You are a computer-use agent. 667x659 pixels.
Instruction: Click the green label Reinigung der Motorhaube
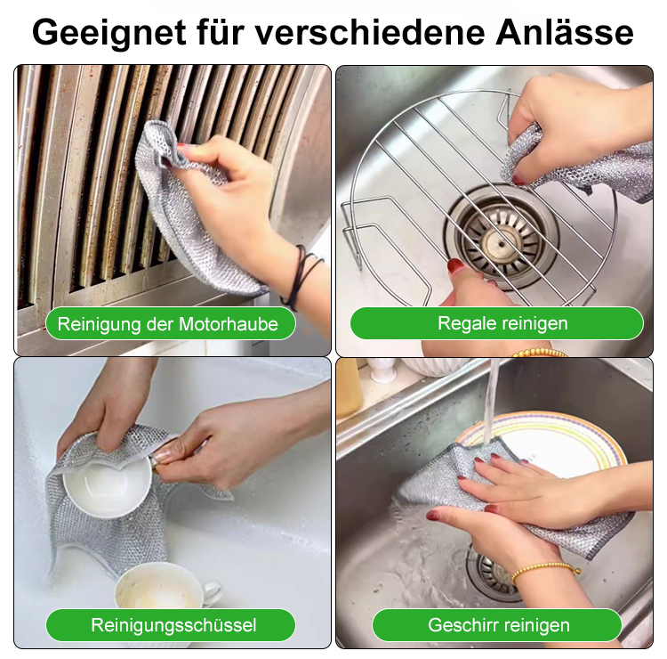coord(168,323)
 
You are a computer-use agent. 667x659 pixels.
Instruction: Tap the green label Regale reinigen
coord(496,323)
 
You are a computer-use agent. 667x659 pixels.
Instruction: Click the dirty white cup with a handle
coord(165,588)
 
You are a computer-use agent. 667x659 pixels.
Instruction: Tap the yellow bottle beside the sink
coord(348,389)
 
